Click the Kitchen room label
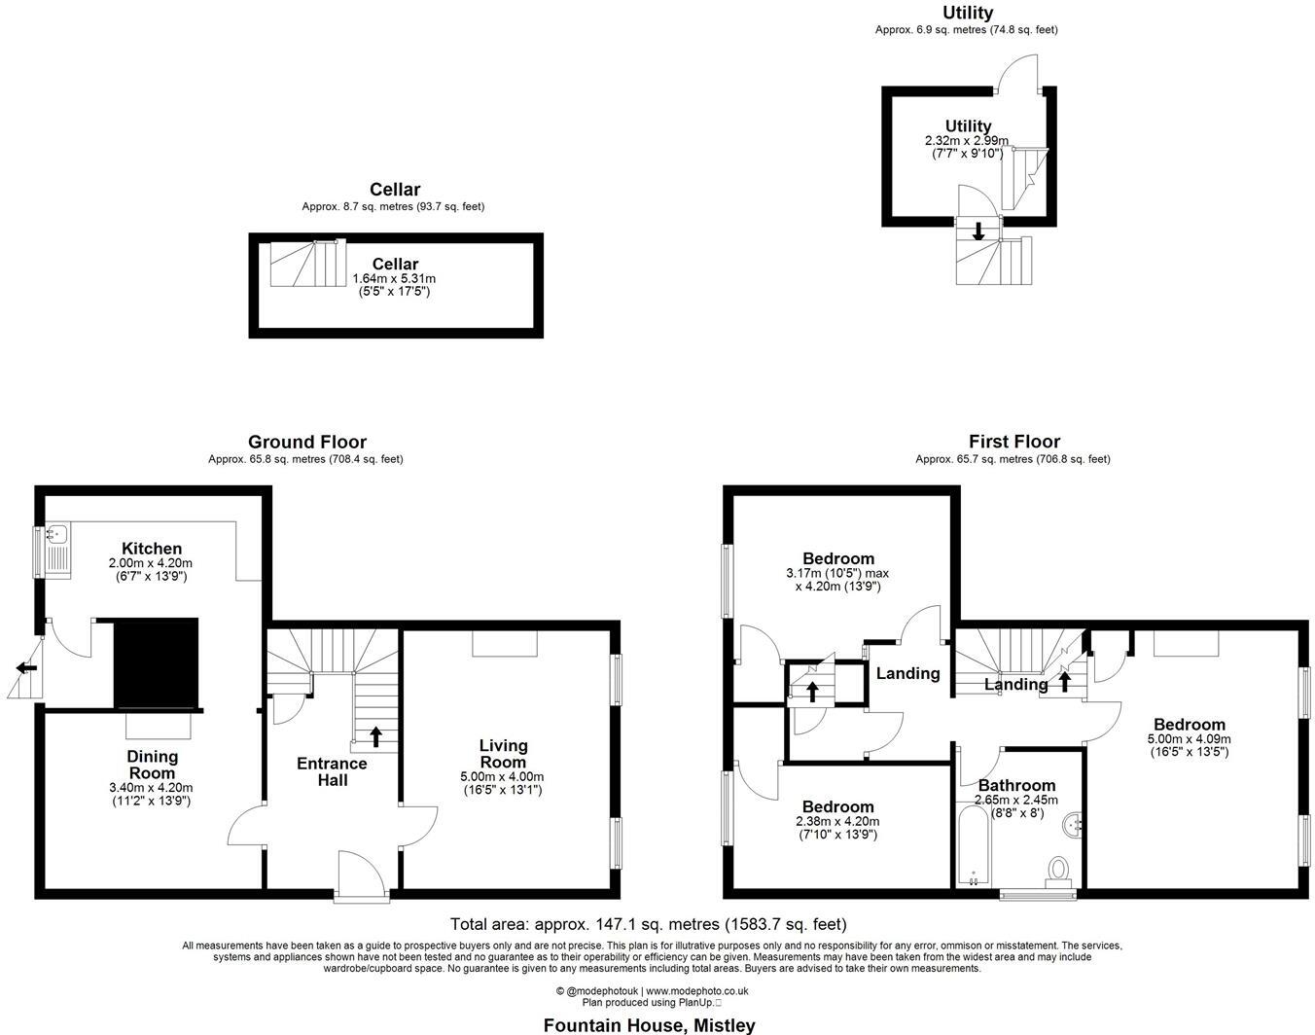(x=151, y=549)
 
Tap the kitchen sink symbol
(x=56, y=533)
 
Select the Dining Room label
(x=152, y=765)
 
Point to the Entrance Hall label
(x=332, y=771)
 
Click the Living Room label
(x=503, y=753)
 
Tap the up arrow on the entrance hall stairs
(x=375, y=735)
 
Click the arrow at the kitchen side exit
(x=26, y=668)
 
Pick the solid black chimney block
(x=156, y=662)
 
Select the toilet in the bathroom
(x=1058, y=868)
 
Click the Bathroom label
(x=1016, y=785)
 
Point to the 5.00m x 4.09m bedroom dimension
(x=1189, y=738)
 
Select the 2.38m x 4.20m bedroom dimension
(x=837, y=821)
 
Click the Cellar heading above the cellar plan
(x=394, y=189)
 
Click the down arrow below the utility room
(x=978, y=231)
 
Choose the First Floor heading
(x=1013, y=442)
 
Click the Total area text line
(x=648, y=924)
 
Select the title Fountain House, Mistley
(x=649, y=1024)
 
